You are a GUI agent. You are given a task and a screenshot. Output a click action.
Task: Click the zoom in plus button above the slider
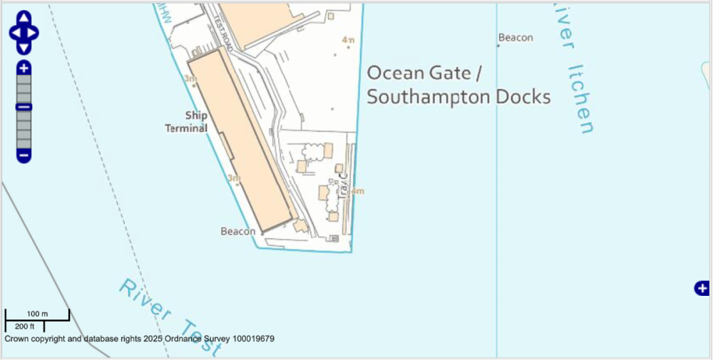pyautogui.click(x=24, y=68)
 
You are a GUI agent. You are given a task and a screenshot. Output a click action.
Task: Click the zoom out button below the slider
pyautogui.click(x=24, y=155)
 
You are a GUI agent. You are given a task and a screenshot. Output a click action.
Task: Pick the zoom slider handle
pyautogui.click(x=24, y=107)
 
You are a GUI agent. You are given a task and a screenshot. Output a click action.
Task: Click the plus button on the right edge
pyautogui.click(x=702, y=288)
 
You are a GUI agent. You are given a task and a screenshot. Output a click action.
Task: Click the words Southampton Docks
pyautogui.click(x=458, y=97)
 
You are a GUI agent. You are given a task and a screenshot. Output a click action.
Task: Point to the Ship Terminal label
pyautogui.click(x=187, y=122)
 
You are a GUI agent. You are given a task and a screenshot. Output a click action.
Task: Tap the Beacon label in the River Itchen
pyautogui.click(x=515, y=38)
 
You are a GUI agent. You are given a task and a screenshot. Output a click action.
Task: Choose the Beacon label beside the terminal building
pyautogui.click(x=237, y=232)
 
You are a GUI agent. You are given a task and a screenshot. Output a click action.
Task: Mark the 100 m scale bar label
pyautogui.click(x=37, y=314)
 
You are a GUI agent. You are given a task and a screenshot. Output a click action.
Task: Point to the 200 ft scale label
pyautogui.click(x=24, y=326)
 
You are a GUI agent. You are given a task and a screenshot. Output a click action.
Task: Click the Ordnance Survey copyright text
pyautogui.click(x=140, y=339)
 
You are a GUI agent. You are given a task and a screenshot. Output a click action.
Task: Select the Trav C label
pyautogui.click(x=343, y=185)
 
